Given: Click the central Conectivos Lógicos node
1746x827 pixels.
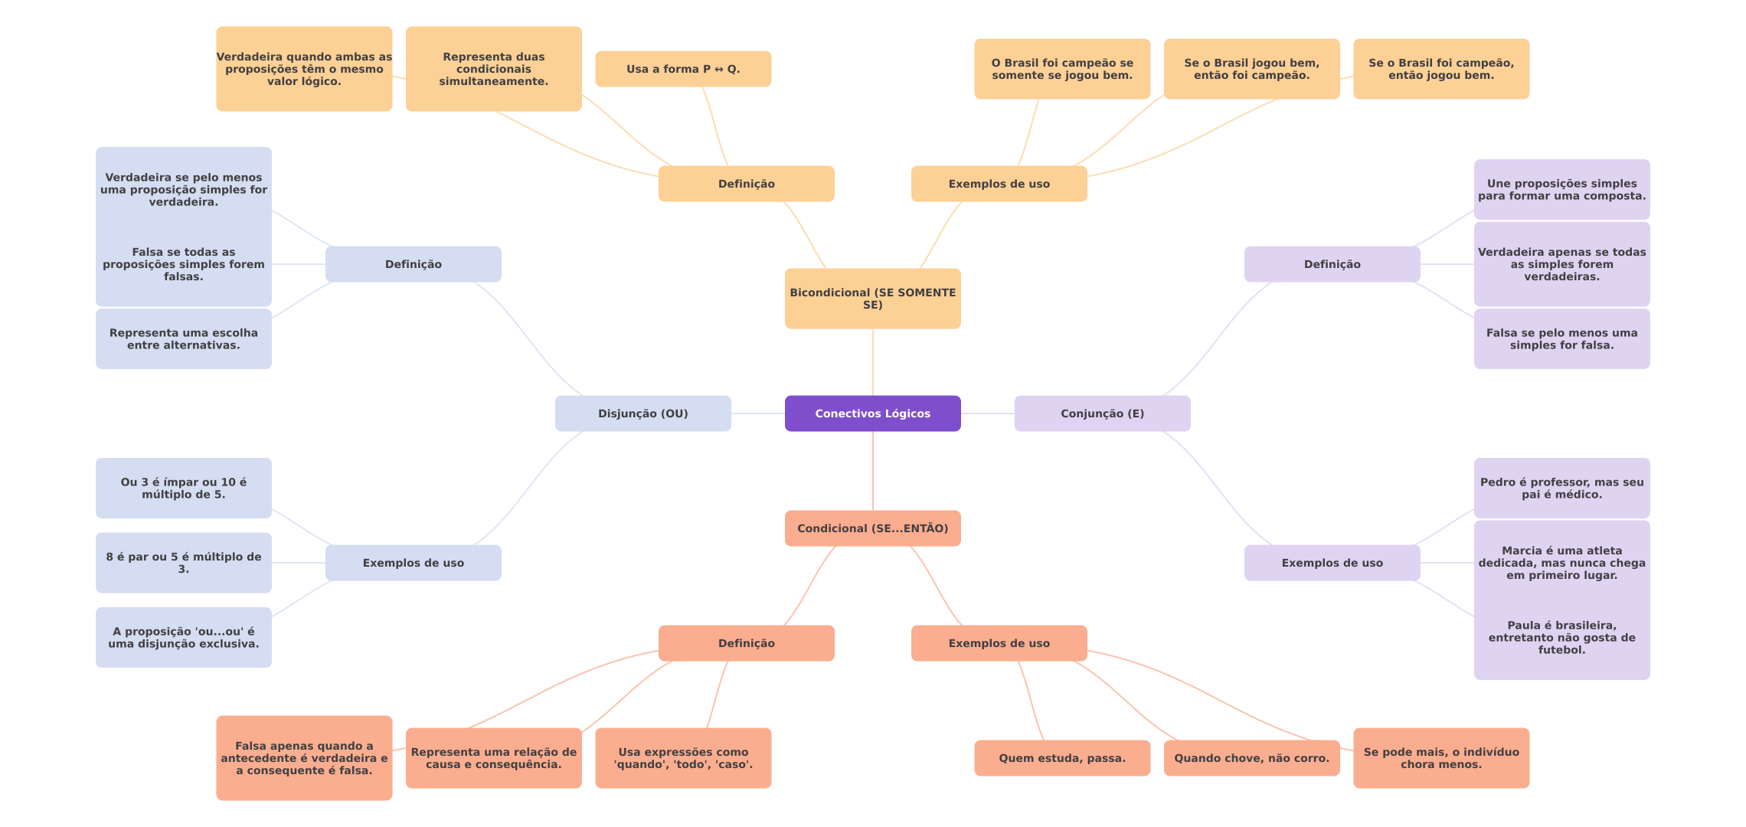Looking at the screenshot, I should (x=873, y=413).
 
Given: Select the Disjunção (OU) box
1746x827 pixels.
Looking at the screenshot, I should (x=643, y=413).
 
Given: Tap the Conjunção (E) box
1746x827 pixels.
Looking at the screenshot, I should (x=1103, y=413).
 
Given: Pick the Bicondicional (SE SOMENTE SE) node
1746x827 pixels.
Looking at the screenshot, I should (x=873, y=299).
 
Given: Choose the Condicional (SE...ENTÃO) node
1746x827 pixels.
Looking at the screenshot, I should (x=873, y=528).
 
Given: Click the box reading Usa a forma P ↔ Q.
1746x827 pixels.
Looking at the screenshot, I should (x=683, y=69).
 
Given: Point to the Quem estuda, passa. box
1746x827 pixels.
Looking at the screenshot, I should (x=1062, y=758).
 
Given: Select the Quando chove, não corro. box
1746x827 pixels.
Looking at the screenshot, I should (x=1252, y=758).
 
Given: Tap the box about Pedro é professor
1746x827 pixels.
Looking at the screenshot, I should (x=1562, y=489).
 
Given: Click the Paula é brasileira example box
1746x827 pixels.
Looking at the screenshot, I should (x=1562, y=638).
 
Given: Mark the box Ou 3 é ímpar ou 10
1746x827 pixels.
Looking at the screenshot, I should (x=184, y=489).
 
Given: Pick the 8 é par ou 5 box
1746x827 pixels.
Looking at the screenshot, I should (x=184, y=563).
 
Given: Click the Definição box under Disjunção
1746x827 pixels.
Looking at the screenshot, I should (x=414, y=264).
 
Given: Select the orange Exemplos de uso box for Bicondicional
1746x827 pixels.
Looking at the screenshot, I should (x=999, y=184).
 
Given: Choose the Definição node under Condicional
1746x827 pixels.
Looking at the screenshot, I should (x=747, y=643).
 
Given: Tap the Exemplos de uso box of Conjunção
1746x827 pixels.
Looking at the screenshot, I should (x=1332, y=563).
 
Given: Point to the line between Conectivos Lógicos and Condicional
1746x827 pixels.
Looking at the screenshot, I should (x=873, y=471).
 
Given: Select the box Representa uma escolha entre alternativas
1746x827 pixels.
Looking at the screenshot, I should (x=184, y=339).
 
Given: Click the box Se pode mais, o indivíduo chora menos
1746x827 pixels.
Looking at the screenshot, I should (x=1441, y=758).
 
